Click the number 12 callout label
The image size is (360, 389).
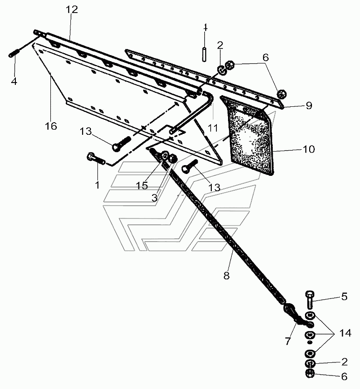(x=72, y=10)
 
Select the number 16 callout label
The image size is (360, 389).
(x=51, y=126)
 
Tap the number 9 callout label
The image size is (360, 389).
(x=309, y=106)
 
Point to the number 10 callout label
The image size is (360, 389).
(x=309, y=149)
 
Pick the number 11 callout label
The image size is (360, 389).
(x=213, y=128)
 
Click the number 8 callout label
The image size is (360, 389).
(x=227, y=276)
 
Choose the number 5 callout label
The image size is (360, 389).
(x=344, y=297)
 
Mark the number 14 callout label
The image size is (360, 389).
(x=345, y=333)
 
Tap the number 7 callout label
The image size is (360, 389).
(x=288, y=341)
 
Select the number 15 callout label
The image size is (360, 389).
(x=142, y=185)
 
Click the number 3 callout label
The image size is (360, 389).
(x=154, y=198)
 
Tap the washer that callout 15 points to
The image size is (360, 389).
(x=164, y=156)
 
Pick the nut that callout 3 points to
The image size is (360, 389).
(x=173, y=158)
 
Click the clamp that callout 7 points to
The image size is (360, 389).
(x=297, y=316)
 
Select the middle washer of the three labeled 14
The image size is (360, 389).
(x=310, y=335)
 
